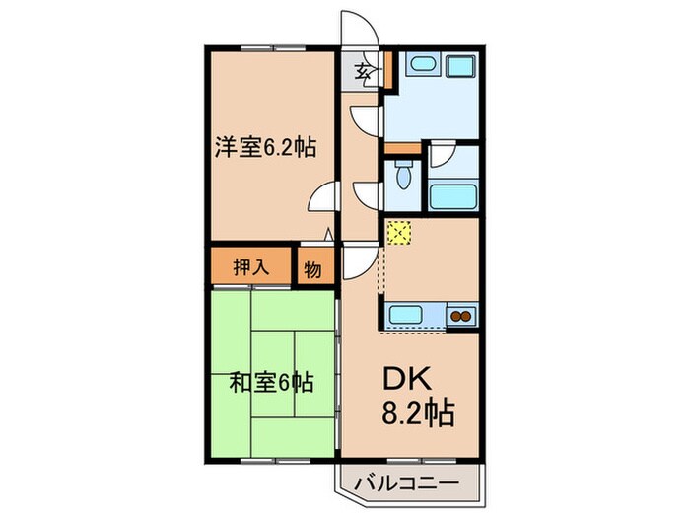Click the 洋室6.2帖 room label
(x=265, y=147)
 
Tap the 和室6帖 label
(x=271, y=382)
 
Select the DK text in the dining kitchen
(x=407, y=379)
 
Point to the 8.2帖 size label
(x=418, y=413)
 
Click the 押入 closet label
(x=251, y=266)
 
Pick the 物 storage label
(x=312, y=269)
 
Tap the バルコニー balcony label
(x=406, y=483)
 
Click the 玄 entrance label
(x=363, y=70)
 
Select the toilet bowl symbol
(x=402, y=175)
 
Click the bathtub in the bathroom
(x=453, y=197)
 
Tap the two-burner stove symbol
(x=461, y=316)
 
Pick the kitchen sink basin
(x=406, y=315)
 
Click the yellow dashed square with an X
(x=399, y=232)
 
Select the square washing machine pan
(x=461, y=66)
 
